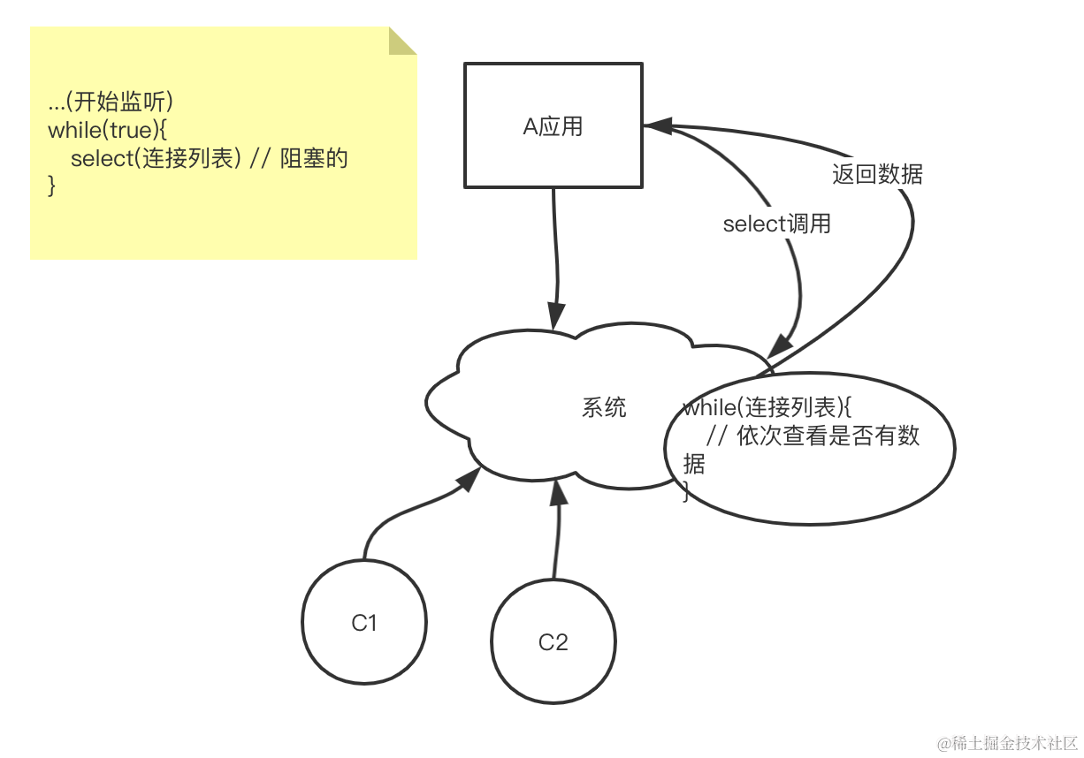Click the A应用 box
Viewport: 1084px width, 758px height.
pyautogui.click(x=553, y=125)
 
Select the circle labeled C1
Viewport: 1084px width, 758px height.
pyautogui.click(x=363, y=622)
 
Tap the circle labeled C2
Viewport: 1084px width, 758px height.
pyautogui.click(x=553, y=641)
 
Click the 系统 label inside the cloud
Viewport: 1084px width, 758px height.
pyautogui.click(x=604, y=407)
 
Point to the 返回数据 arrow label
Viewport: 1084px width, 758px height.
pyautogui.click(x=877, y=174)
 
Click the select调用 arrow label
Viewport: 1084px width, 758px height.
pyautogui.click(x=776, y=224)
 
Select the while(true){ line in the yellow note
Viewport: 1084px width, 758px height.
pyautogui.click(x=108, y=130)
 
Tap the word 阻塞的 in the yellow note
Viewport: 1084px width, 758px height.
pyautogui.click(x=314, y=159)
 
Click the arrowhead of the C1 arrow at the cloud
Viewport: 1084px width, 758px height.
pyautogui.click(x=469, y=478)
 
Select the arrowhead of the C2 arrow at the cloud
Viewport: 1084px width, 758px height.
pyautogui.click(x=557, y=491)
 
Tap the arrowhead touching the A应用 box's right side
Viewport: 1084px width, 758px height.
pyautogui.click(x=658, y=126)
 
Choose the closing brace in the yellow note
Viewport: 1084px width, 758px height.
pyautogui.click(x=51, y=186)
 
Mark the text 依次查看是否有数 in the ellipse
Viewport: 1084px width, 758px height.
pyautogui.click(x=828, y=436)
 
